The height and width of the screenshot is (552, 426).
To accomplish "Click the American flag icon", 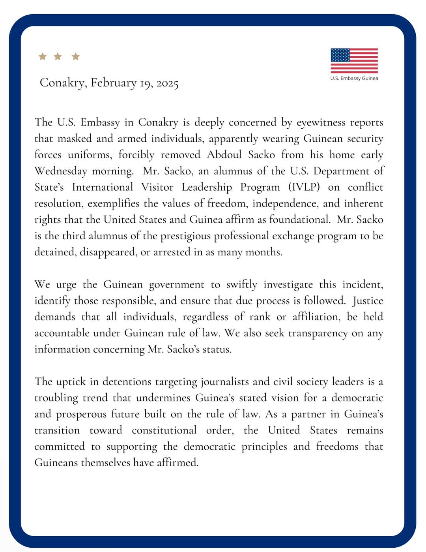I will point(354,60).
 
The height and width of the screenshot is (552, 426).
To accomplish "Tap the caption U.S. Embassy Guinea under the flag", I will point(354,78).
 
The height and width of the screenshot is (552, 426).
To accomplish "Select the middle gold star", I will point(58,56).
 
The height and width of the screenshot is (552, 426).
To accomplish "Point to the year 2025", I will point(168,83).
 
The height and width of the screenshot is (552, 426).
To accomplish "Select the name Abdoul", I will point(224,154).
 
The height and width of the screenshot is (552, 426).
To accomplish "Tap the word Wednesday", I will point(61,171).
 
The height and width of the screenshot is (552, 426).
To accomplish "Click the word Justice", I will point(368,301).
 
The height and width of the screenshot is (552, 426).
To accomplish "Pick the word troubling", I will point(56,398).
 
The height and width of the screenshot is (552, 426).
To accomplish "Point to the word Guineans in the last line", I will point(56,462).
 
